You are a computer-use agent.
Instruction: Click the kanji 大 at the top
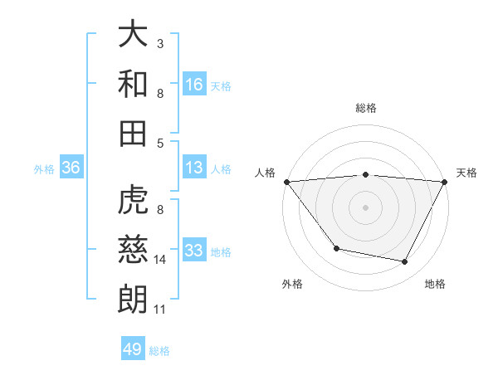tap(133, 35)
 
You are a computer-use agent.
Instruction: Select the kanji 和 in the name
tap(133, 84)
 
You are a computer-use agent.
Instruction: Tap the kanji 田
tap(133, 133)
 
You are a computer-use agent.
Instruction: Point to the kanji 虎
tap(133, 201)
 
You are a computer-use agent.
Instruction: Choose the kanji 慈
tap(133, 250)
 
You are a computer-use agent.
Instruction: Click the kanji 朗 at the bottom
tap(133, 299)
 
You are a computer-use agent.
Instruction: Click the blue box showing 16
tap(194, 84)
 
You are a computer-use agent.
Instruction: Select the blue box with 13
tap(194, 168)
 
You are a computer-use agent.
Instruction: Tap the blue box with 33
tap(194, 251)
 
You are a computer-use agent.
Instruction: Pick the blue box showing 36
tap(71, 168)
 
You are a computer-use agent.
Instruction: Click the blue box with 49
tap(133, 349)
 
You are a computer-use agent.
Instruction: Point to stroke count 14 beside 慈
tap(161, 260)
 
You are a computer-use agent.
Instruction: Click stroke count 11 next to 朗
tap(160, 310)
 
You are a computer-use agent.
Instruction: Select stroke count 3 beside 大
tap(160, 42)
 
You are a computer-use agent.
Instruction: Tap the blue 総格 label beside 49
tap(159, 350)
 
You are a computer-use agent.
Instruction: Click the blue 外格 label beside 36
tap(44, 169)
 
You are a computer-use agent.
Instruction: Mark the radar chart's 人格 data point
tap(286, 181)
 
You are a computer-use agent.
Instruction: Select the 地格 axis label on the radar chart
tap(435, 284)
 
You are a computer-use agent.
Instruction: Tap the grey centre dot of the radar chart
tap(365, 207)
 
